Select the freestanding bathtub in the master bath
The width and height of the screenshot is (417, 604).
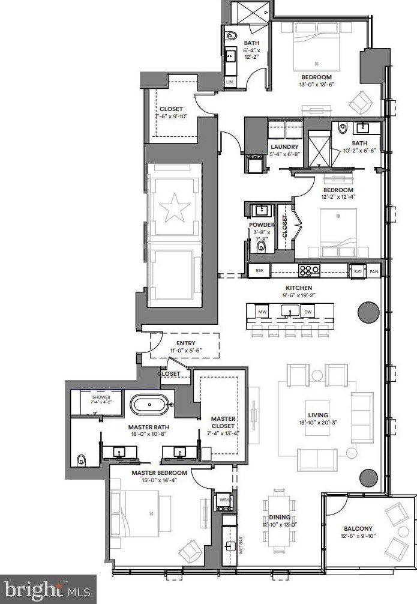click(150, 404)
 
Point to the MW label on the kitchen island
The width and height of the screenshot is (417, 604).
click(262, 312)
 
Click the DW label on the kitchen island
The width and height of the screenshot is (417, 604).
click(308, 312)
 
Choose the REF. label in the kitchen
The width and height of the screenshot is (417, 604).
click(259, 271)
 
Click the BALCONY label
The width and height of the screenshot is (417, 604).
click(358, 528)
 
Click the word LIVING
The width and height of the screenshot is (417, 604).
click(318, 415)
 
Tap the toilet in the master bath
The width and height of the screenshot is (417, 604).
click(82, 461)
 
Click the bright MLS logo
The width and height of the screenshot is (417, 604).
click(48, 589)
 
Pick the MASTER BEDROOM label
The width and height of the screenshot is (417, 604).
click(159, 473)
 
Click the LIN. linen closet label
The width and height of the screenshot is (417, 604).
click(230, 80)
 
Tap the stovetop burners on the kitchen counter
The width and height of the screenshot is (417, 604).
click(309, 271)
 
